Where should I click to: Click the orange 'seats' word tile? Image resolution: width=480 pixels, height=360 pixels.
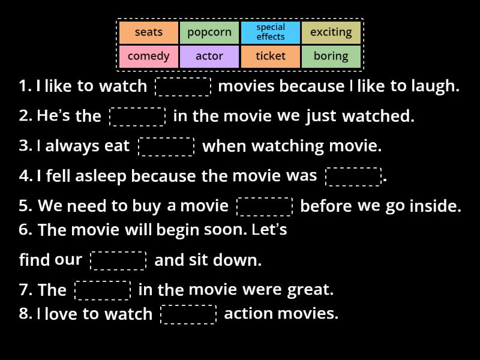tap(149, 32)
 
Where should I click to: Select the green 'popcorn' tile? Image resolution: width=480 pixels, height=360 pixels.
tap(209, 32)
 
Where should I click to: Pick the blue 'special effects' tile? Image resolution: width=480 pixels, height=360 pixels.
tap(271, 32)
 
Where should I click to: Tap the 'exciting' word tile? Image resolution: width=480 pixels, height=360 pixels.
tap(331, 32)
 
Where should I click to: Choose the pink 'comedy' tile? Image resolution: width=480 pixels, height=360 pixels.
tap(149, 56)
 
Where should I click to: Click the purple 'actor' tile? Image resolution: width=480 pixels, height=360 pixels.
tap(209, 56)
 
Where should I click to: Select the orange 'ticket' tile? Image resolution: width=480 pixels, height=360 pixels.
tap(271, 56)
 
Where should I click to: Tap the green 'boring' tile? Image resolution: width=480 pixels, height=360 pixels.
tap(331, 56)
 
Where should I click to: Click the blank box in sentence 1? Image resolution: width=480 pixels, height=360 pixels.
tap(183, 86)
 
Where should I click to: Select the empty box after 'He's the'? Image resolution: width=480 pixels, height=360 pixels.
tap(137, 116)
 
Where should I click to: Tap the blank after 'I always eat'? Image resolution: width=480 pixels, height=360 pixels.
tap(166, 146)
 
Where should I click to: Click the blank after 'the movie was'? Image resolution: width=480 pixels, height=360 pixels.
tap(353, 176)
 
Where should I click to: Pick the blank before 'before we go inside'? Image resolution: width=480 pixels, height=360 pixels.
tap(265, 206)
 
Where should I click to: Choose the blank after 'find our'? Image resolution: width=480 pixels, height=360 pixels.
tap(118, 260)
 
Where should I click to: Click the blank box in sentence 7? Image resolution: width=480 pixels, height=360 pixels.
tap(103, 290)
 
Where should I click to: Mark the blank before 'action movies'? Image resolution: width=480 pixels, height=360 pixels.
tap(188, 314)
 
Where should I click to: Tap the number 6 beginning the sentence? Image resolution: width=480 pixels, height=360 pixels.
tap(25, 230)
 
